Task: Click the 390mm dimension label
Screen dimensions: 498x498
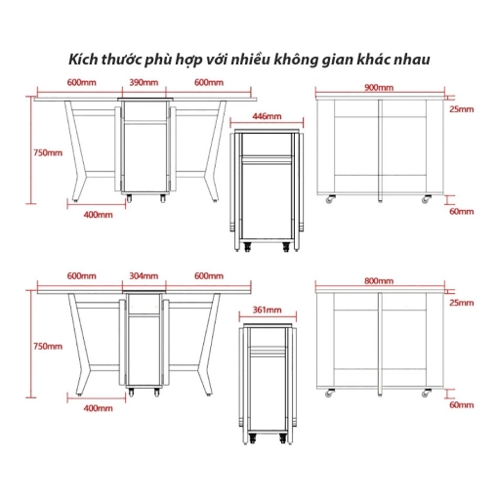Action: pos(144,82)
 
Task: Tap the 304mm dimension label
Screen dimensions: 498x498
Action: pos(144,276)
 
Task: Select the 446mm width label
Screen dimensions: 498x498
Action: pos(267,116)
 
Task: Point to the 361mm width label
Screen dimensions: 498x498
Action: pos(268,310)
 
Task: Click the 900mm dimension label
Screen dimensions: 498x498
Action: pos(379,88)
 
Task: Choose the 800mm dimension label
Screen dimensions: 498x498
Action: pos(379,281)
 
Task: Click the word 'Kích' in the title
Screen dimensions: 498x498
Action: pos(82,60)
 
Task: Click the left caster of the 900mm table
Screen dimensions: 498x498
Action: pos(330,199)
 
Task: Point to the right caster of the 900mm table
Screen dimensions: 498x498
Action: pos(426,199)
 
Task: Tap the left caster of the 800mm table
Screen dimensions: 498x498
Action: pos(329,393)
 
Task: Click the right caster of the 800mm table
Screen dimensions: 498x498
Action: pos(426,393)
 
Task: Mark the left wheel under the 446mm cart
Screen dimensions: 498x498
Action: pos(248,246)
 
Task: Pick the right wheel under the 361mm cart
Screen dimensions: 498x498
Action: pos(283,439)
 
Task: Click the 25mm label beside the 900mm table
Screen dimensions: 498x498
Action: pos(462,109)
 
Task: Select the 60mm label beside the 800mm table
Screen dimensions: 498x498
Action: pos(462,405)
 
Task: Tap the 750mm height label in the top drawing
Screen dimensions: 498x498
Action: pos(48,152)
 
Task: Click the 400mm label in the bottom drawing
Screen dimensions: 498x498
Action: pos(99,408)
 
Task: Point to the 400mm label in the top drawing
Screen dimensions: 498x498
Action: pos(99,215)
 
